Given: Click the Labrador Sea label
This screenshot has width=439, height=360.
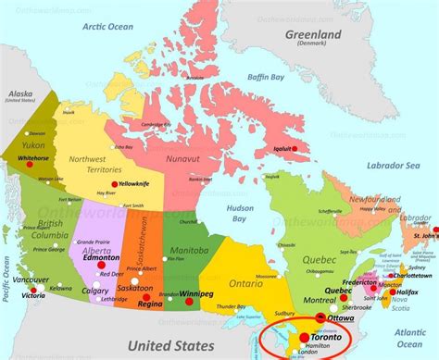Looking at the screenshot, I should [387, 165].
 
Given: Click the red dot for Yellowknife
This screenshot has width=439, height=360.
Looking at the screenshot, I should [114, 184].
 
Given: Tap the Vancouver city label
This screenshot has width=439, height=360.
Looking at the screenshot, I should [31, 279].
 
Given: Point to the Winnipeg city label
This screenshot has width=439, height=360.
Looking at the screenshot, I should [185, 296].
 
